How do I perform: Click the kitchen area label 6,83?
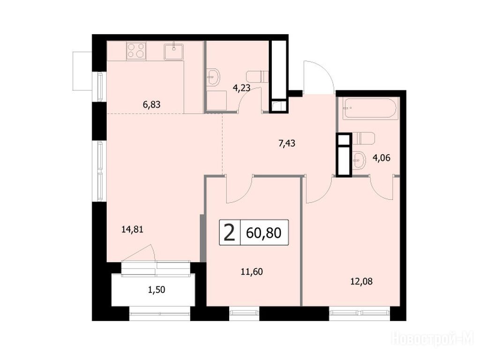click(151, 105)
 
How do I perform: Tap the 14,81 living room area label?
click(132, 229)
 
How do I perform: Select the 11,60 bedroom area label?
click(252, 271)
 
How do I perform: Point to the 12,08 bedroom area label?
click(361, 281)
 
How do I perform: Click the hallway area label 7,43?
click(287, 143)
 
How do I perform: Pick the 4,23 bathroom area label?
click(241, 88)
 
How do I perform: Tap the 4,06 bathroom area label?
click(382, 158)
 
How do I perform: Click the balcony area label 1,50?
click(157, 290)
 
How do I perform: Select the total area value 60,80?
click(263, 233)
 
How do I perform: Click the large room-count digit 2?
click(230, 232)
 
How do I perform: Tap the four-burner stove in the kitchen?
click(136, 50)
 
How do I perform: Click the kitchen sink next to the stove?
click(173, 52)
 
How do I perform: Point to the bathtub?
click(370, 109)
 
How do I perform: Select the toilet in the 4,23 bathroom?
click(257, 76)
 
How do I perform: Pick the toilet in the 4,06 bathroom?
click(364, 138)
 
